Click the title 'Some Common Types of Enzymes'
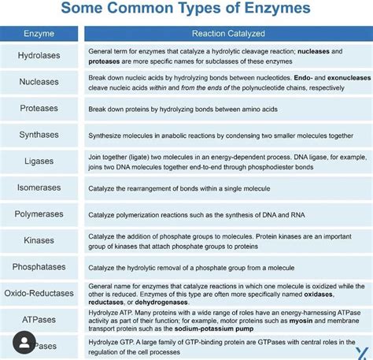click(x=186, y=10)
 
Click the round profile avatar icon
click(x=25, y=343)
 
